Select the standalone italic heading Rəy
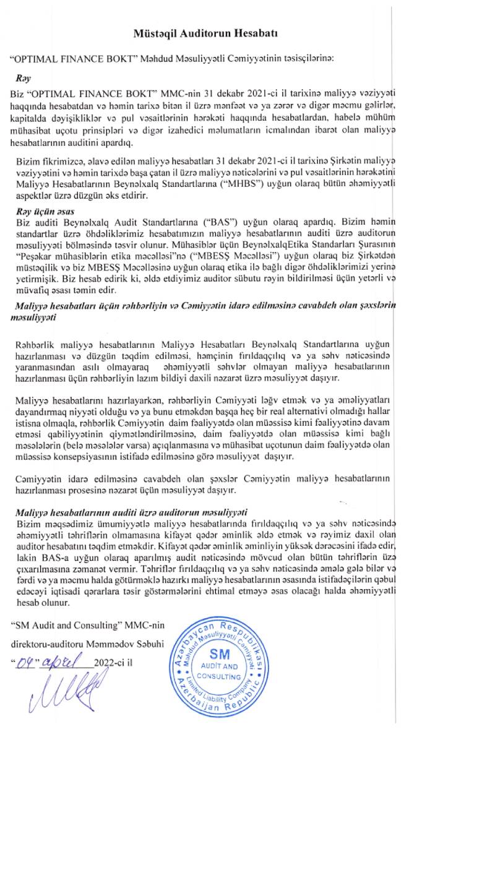click(x=24, y=79)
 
